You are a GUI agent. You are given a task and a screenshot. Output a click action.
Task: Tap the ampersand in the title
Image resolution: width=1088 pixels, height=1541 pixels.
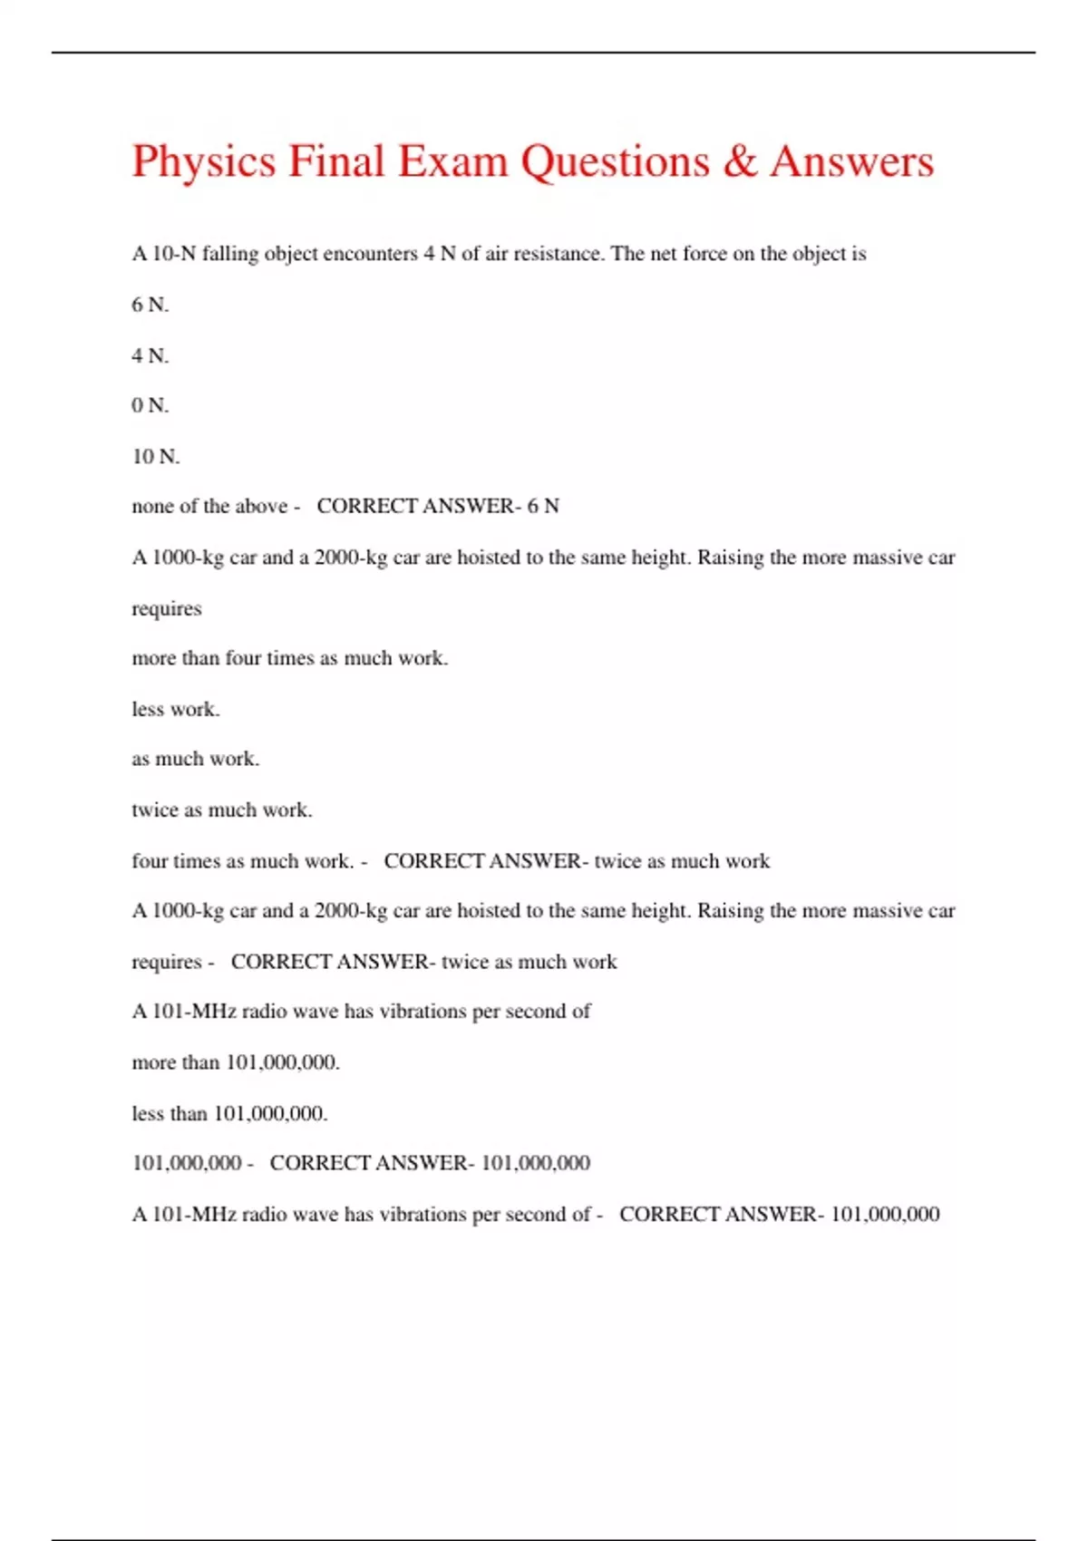coord(741,161)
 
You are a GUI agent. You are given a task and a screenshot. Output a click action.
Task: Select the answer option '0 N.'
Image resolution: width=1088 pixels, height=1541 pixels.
coord(151,405)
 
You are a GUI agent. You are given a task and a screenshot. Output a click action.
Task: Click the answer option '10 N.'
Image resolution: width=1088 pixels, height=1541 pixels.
coord(156,456)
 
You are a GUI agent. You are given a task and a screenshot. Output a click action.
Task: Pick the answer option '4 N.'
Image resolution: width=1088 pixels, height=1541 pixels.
coord(151,355)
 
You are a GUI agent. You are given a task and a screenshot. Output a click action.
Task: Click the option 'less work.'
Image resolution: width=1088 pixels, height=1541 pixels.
coord(176,709)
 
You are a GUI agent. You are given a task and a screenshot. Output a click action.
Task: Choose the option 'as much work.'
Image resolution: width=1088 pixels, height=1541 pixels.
coord(196,759)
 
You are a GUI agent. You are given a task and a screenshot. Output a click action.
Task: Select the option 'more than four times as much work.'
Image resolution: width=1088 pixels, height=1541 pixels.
coord(290,658)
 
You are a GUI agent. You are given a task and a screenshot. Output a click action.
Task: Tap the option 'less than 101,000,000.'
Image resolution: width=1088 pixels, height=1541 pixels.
coord(229,1113)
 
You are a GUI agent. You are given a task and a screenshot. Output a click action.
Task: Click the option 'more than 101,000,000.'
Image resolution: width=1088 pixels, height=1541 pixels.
coord(236,1062)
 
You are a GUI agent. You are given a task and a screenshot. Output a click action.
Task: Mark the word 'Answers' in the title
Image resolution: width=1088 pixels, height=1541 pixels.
coord(852,161)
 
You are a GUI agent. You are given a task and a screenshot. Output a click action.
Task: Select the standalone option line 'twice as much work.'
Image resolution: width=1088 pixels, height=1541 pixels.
coord(222,809)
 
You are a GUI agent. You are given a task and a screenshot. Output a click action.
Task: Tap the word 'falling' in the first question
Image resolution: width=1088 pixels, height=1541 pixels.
coord(230,254)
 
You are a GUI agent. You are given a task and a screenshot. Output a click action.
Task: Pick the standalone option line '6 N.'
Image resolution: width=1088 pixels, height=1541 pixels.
coord(151,305)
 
